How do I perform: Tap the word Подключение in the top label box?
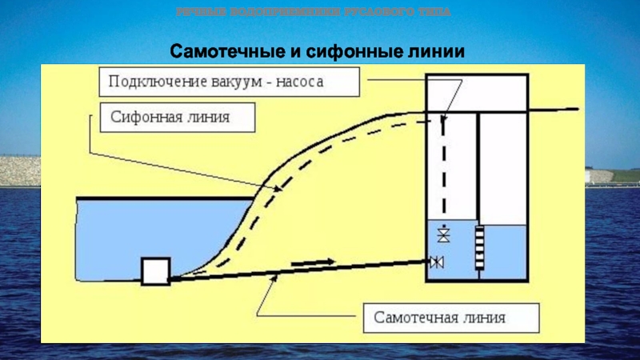coord(148,81)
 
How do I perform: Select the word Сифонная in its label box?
coord(141,118)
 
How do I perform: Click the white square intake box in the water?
coord(155,270)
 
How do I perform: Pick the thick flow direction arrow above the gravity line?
coord(313,262)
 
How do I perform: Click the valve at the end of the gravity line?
coord(437,262)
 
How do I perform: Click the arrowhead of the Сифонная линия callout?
coord(279,190)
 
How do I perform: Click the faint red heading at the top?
coord(314,12)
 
